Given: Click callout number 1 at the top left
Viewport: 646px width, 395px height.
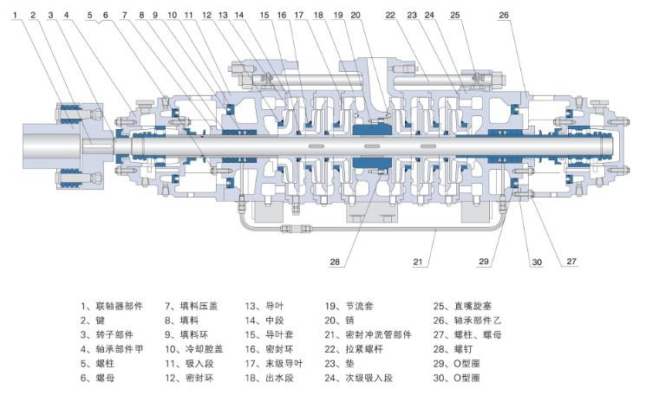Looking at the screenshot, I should (16, 15).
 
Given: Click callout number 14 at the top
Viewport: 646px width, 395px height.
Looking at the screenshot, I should (238, 15).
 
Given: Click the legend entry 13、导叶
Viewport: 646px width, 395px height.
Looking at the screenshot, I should (264, 306).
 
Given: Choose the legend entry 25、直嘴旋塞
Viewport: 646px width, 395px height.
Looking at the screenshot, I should (461, 306).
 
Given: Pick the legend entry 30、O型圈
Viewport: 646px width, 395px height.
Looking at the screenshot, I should (456, 379).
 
